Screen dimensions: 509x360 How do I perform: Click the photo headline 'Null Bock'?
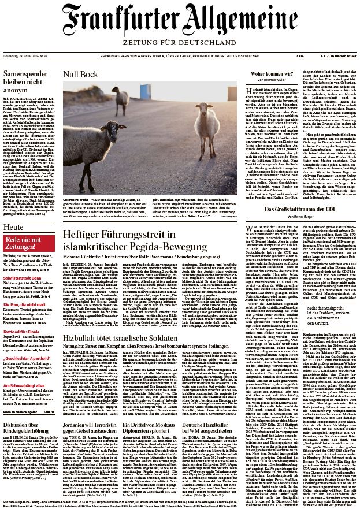[x=80, y=75]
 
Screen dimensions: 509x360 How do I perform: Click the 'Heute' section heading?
[x=14, y=228]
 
